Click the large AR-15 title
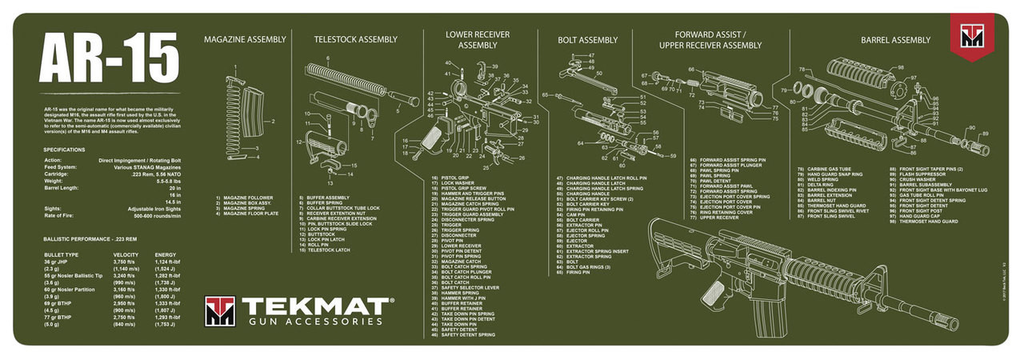coord(109,60)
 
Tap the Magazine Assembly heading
coord(244,39)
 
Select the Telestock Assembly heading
coord(355,39)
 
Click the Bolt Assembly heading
coord(588,39)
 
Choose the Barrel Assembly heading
coord(895,40)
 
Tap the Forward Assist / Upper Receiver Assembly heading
coord(710,40)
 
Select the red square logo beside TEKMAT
coord(219,311)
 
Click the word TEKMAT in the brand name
coord(316,306)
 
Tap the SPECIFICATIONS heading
coord(65,150)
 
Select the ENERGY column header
coord(166,254)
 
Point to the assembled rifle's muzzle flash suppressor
coord(946,322)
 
